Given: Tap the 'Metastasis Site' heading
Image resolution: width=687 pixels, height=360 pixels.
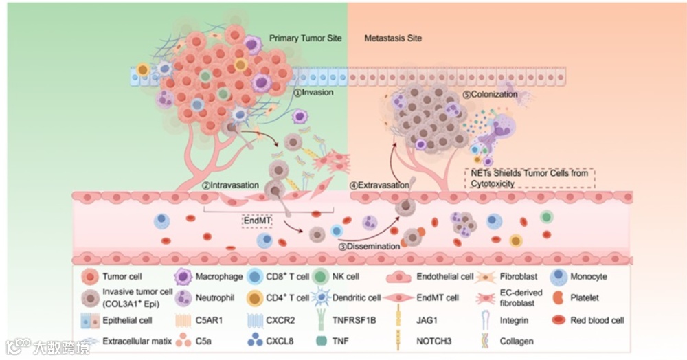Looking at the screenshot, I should coord(393,38).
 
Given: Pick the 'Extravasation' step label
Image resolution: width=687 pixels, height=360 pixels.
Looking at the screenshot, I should coord(376,185).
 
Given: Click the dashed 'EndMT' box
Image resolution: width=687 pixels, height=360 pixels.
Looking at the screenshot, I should coord(258,221).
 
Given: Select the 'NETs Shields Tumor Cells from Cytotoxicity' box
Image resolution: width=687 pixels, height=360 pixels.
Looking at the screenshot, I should coord(529,178).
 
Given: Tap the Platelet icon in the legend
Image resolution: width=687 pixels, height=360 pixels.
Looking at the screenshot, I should coord(558,297).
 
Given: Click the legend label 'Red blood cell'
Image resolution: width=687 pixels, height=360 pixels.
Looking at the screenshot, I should coord(597,320).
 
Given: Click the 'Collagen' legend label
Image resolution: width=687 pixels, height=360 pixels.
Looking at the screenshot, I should coord(516,340).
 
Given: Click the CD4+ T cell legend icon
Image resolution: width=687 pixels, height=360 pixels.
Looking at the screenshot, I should coord(255,297).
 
